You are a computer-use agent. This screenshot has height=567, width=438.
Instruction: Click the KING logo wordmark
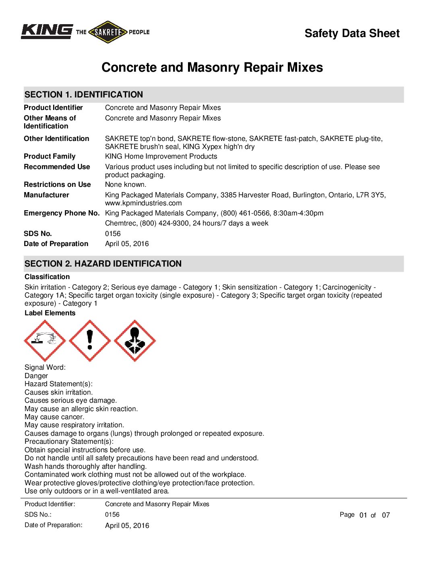tap(47, 31)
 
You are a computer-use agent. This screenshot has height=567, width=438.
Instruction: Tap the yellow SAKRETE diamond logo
tap(107, 32)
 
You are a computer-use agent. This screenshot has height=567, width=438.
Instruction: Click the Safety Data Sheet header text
tap(352, 33)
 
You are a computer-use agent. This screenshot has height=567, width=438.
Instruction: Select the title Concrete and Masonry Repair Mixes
tap(212, 67)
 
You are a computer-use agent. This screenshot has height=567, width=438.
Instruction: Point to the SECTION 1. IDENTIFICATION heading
tap(84, 95)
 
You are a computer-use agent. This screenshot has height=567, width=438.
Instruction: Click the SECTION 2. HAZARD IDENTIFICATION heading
tap(103, 264)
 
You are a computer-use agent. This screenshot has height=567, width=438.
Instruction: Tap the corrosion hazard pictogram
tap(45, 341)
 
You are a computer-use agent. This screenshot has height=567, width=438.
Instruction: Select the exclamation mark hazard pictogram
tap(90, 341)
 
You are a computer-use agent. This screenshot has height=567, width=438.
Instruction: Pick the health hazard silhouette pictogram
tap(135, 341)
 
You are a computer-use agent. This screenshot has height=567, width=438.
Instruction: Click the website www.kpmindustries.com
tap(143, 203)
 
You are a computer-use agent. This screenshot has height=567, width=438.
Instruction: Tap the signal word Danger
tap(36, 376)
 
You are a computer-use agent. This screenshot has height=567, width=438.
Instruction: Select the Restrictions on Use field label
tap(57, 185)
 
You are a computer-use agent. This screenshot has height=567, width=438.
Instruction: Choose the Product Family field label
tap(50, 157)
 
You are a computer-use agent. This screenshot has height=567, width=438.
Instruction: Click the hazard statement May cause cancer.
tap(54, 417)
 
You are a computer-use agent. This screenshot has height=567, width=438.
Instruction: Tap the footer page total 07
tap(386, 515)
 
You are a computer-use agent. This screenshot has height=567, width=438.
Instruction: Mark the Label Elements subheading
tap(50, 313)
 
